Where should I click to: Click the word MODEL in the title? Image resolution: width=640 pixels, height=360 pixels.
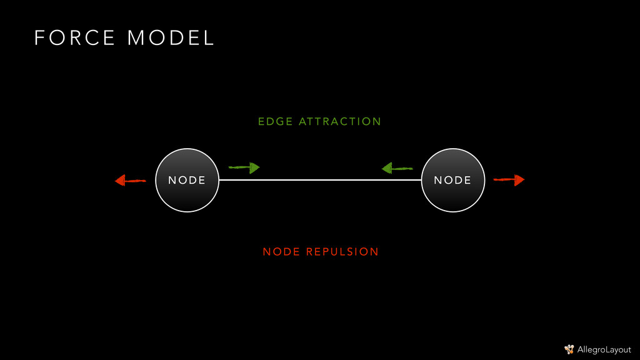(171, 38)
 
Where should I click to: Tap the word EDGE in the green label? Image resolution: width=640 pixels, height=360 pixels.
(275, 121)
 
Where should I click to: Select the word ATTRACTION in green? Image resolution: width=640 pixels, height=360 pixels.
(340, 121)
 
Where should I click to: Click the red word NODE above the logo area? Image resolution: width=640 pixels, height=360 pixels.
(281, 252)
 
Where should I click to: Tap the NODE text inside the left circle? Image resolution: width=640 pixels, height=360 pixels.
(187, 180)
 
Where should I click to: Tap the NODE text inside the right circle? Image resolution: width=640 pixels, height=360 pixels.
(452, 180)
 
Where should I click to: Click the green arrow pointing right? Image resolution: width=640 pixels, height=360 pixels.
(244, 167)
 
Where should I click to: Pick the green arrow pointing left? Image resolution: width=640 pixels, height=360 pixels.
(397, 167)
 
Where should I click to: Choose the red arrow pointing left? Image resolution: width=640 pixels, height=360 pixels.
(130, 181)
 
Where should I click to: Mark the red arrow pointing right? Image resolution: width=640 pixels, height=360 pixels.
(509, 180)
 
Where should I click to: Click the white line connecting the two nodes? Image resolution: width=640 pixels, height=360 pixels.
(320, 180)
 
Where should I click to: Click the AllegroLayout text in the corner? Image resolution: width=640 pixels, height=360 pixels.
(604, 349)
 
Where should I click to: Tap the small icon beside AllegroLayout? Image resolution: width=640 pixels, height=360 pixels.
(569, 349)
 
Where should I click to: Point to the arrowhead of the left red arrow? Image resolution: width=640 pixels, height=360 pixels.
(120, 181)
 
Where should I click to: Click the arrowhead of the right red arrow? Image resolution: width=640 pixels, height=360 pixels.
(519, 180)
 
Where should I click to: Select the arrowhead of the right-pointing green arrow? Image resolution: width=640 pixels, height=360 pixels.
(254, 167)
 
